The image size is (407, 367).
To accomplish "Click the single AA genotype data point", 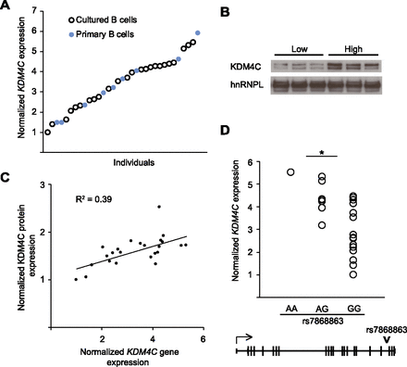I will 291,171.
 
